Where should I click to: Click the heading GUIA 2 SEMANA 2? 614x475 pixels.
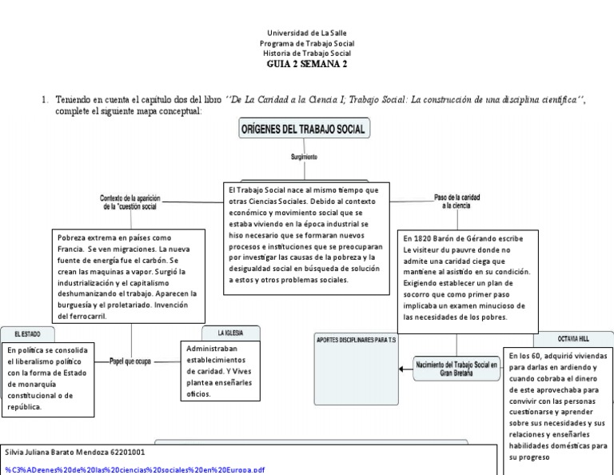307,64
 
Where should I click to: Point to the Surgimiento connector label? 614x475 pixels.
304,158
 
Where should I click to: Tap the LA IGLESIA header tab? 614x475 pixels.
230,332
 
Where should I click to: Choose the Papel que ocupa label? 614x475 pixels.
130,361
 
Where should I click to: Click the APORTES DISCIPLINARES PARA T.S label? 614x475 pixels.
357,340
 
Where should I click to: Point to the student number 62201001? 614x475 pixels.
126,452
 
